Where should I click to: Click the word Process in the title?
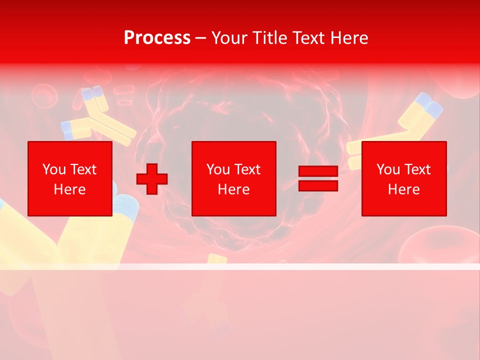pyautogui.click(x=157, y=38)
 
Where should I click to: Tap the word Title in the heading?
pyautogui.click(x=269, y=38)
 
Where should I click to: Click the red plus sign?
pyautogui.click(x=152, y=179)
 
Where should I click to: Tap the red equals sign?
pyautogui.click(x=318, y=178)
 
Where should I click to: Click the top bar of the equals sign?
pyautogui.click(x=318, y=171)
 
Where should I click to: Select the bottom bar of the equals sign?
pyautogui.click(x=318, y=185)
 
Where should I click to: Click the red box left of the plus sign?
pyautogui.click(x=70, y=178)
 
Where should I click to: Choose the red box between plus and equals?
pyautogui.click(x=233, y=178)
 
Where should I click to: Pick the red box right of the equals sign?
pyautogui.click(x=403, y=178)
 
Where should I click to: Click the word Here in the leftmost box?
pyautogui.click(x=70, y=189)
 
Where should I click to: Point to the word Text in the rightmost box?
pyautogui.click(x=417, y=169)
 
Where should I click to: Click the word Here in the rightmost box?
pyautogui.click(x=403, y=189)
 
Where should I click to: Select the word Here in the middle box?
pyautogui.click(x=233, y=189)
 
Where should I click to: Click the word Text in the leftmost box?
pyautogui.click(x=83, y=169)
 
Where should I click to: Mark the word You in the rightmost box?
pyautogui.click(x=388, y=169)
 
